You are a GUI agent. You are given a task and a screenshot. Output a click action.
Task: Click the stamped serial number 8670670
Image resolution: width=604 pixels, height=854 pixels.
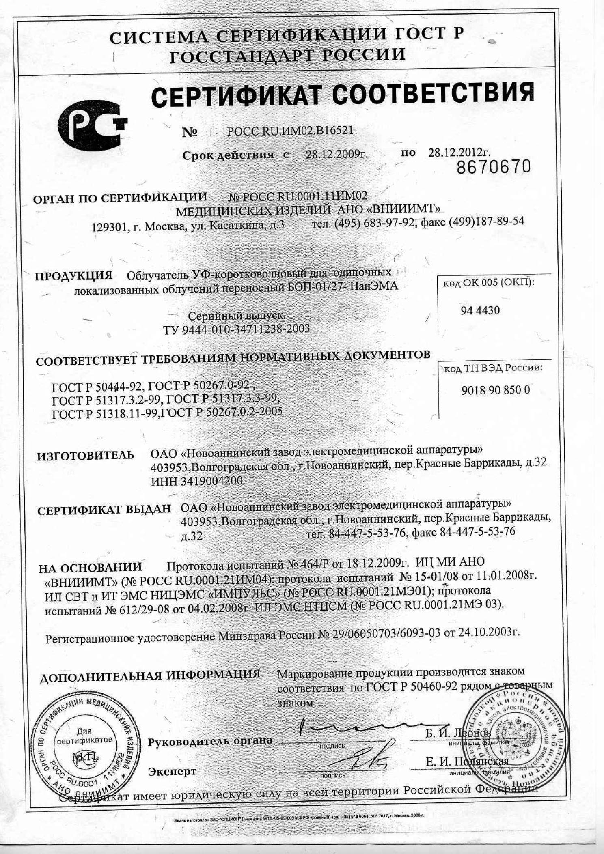click(x=494, y=166)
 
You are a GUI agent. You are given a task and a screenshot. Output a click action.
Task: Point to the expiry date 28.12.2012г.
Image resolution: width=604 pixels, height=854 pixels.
click(x=459, y=153)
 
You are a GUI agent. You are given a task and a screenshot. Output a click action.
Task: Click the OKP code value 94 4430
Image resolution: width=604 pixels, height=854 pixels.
click(x=480, y=311)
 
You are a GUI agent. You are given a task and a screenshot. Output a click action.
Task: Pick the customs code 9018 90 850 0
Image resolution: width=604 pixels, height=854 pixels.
click(x=495, y=390)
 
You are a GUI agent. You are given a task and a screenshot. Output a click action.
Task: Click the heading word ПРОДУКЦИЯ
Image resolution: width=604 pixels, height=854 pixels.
click(x=73, y=276)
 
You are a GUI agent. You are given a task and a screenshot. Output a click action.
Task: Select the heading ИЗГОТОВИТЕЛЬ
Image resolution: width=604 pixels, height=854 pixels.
click(x=85, y=455)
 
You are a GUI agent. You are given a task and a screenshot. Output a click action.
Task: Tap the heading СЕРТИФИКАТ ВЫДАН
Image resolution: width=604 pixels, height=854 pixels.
click(x=104, y=510)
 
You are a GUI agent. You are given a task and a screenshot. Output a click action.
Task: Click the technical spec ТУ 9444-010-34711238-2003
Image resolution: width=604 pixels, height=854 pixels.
click(x=237, y=329)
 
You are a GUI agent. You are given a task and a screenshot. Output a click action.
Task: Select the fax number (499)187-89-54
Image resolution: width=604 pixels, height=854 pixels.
click(x=486, y=221)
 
